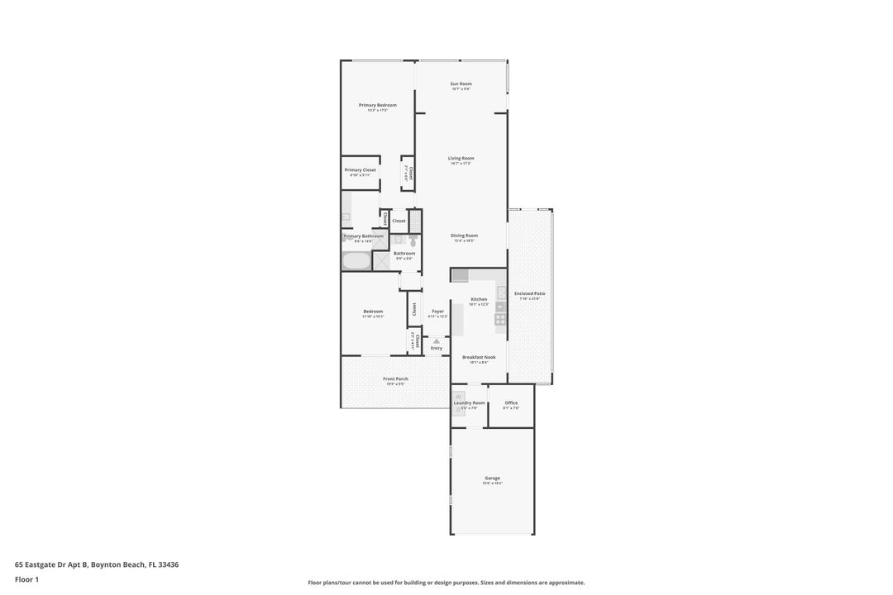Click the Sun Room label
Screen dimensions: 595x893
click(x=461, y=83)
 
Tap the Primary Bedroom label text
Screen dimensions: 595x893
click(x=377, y=105)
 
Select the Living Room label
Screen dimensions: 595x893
click(x=461, y=158)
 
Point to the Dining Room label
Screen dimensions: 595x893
click(x=464, y=236)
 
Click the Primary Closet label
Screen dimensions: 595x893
click(x=360, y=170)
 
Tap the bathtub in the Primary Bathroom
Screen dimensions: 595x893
click(x=356, y=261)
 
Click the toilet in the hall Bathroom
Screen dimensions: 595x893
click(x=401, y=239)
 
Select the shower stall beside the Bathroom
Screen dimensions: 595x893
click(x=381, y=261)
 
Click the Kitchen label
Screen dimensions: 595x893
click(x=479, y=299)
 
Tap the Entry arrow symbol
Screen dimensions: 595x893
click(x=437, y=340)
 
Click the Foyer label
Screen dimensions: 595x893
click(x=437, y=312)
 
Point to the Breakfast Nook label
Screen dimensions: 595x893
click(x=479, y=357)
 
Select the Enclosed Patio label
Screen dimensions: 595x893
click(x=529, y=293)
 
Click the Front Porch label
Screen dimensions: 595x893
click(x=395, y=379)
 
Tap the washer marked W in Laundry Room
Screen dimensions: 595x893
click(x=457, y=397)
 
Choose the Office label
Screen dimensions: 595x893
click(x=511, y=403)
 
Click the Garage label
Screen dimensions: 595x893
click(x=492, y=478)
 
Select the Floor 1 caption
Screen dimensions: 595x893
click(x=26, y=579)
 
